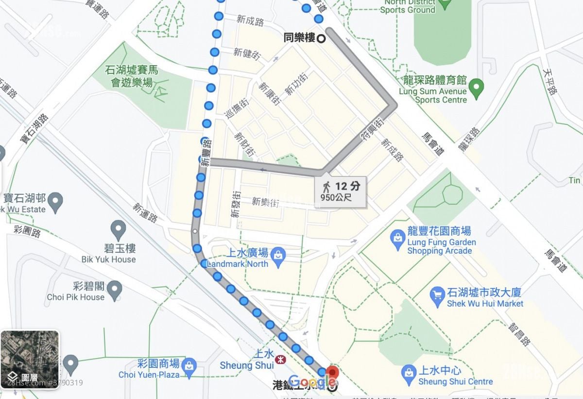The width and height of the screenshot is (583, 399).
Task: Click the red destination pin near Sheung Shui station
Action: (332, 373)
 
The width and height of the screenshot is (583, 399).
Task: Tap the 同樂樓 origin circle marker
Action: (321, 38)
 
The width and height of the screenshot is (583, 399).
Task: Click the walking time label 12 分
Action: (348, 186)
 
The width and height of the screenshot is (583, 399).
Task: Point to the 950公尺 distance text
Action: (336, 197)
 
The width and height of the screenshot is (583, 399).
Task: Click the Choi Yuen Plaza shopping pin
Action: (189, 365)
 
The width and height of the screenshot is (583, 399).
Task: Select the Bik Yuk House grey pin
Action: (118, 228)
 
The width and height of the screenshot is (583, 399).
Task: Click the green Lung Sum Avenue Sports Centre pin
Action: (477, 87)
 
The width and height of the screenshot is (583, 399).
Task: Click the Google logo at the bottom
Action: (310, 382)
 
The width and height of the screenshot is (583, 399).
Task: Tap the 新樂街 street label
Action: (265, 201)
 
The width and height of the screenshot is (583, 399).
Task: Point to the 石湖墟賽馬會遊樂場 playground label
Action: (132, 77)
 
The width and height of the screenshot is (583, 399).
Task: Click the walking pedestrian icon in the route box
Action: (326, 186)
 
